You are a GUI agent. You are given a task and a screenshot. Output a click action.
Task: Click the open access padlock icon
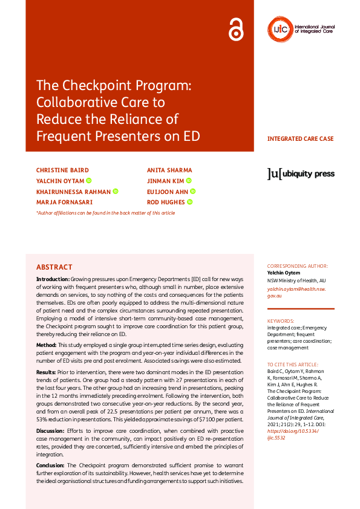tap(236, 29)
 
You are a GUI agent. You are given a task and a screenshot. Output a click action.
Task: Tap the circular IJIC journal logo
tap(280, 28)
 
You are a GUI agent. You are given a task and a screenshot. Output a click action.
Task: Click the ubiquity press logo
tap(301, 174)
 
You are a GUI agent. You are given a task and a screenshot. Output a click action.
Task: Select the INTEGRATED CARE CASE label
tap(300, 139)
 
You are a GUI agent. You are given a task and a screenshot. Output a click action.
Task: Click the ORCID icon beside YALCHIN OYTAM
tap(88, 181)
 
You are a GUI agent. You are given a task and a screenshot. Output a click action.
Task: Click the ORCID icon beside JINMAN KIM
tap(189, 181)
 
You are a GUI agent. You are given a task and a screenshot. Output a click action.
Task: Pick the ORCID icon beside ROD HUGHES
tap(189, 202)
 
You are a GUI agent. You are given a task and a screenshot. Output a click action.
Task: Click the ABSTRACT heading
tap(54, 267)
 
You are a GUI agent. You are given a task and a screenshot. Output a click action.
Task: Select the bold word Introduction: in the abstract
tap(53, 279)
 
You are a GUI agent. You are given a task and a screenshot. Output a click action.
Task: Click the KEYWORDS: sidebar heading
tap(281, 321)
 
